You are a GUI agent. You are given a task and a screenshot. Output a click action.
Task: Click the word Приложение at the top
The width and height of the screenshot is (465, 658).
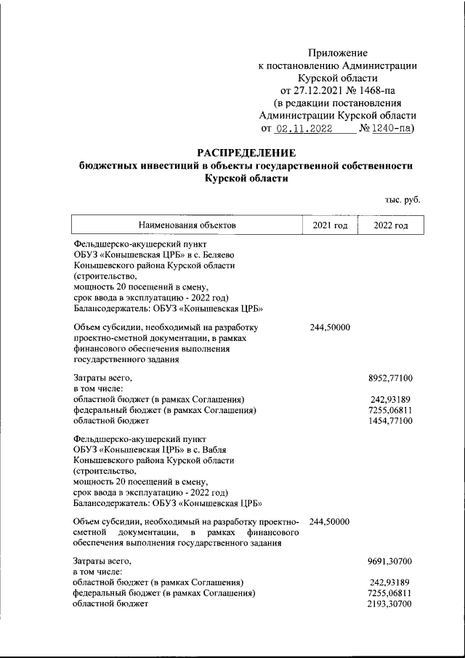pyautogui.click(x=338, y=53)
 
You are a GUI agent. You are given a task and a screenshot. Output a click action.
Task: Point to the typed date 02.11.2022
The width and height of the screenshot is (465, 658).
pyautogui.click(x=304, y=128)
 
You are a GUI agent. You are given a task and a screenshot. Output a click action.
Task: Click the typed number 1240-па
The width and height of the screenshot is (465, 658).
pyautogui.click(x=392, y=128)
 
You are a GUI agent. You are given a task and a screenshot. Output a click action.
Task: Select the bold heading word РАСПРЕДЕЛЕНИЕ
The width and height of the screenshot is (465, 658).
pyautogui.click(x=246, y=153)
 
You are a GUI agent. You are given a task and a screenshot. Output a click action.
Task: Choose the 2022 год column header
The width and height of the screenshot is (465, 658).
pyautogui.click(x=391, y=225)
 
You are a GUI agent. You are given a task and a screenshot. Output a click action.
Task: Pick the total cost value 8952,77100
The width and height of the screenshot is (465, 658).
pyautogui.click(x=391, y=379)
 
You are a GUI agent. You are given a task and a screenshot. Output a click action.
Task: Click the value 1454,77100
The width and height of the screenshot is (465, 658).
pyautogui.click(x=391, y=420)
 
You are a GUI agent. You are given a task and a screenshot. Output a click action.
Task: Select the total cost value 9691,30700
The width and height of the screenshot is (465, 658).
pyautogui.click(x=391, y=562)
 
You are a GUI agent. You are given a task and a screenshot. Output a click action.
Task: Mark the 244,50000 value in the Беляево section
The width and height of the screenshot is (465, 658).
pyautogui.click(x=331, y=328)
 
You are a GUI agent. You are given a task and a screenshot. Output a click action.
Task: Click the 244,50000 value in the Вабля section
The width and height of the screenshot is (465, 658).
pyautogui.click(x=331, y=522)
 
